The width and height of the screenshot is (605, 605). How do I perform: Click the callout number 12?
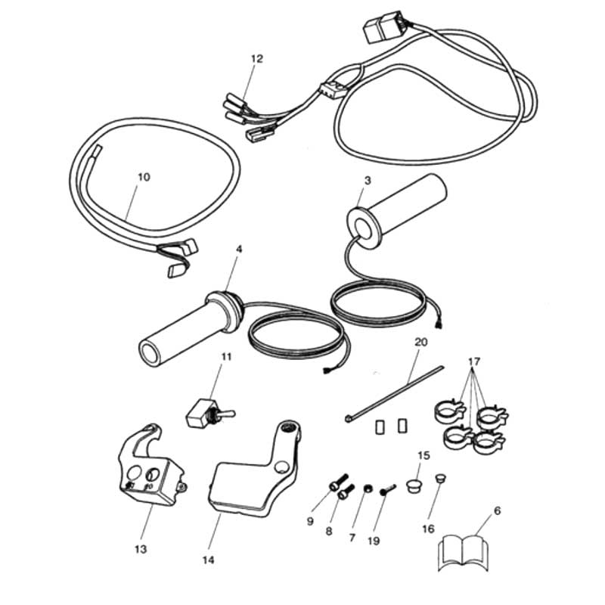point(256,58)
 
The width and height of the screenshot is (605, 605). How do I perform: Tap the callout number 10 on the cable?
point(144,177)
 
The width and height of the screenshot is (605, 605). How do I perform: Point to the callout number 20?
point(420,342)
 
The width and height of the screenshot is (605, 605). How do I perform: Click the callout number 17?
point(473,361)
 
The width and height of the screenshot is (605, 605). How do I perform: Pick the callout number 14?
point(207,560)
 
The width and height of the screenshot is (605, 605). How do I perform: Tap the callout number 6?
point(496,510)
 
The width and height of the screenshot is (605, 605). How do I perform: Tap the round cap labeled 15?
point(413,484)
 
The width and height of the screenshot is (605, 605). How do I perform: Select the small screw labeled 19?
point(387,491)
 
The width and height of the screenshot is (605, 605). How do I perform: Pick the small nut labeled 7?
point(366,490)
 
